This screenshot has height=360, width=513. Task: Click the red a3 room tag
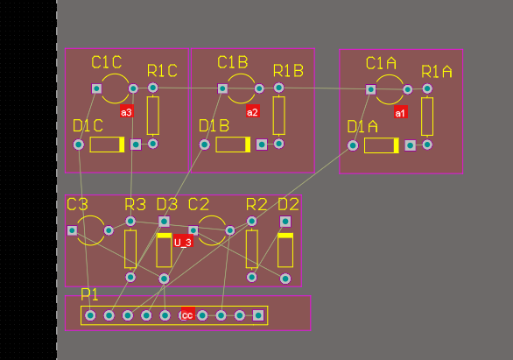point(126,112)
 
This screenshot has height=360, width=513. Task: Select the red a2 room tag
point(253,112)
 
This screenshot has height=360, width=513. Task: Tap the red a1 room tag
point(401,112)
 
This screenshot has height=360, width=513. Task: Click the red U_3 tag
point(182,242)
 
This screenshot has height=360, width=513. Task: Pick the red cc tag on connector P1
point(187,315)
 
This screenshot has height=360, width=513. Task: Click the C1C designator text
point(107,62)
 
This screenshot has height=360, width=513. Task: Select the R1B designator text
point(288,70)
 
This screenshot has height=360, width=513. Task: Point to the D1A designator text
point(362,127)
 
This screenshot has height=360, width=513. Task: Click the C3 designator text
point(77,204)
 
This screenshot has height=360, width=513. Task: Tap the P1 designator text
point(90,293)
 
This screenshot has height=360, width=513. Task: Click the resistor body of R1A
point(427,116)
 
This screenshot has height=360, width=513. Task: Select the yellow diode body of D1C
point(108,145)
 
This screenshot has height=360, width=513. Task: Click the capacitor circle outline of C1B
point(241,88)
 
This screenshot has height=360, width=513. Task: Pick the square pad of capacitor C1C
point(96,88)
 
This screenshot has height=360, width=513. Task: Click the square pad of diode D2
point(285,222)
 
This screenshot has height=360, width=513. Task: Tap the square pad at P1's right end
point(258,315)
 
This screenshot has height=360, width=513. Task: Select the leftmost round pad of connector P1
point(90,315)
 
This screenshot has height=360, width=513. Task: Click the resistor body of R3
point(130,249)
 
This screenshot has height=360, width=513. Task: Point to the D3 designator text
point(166,204)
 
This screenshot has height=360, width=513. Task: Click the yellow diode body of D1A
point(383,145)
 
